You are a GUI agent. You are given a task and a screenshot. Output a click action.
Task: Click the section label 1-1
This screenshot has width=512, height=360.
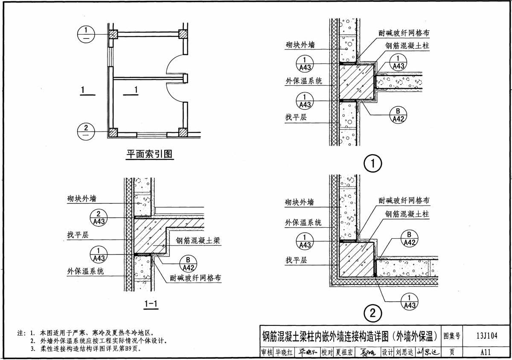point(151,304)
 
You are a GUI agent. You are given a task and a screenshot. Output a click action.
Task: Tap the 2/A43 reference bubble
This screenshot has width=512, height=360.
point(99,217)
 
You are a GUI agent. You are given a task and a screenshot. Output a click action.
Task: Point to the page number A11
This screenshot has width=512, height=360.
point(485,352)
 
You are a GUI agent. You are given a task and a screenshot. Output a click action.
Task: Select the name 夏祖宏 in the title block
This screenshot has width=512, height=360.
point(345,352)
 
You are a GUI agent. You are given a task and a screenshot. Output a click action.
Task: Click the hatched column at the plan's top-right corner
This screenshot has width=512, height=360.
point(183,34)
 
